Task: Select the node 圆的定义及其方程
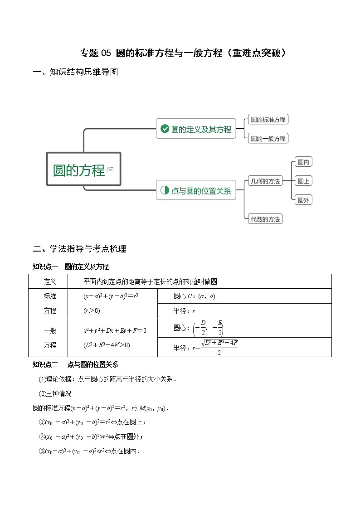click(x=196, y=129)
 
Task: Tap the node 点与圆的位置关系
click(x=196, y=191)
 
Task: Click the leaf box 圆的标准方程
click(x=268, y=120)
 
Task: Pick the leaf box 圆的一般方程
click(x=268, y=138)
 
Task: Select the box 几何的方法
click(x=265, y=181)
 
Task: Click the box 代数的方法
click(x=265, y=219)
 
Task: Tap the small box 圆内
click(x=303, y=162)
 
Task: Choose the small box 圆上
click(x=303, y=181)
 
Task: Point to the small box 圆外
click(x=303, y=200)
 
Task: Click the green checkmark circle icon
click(x=165, y=129)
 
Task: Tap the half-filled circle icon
click(x=165, y=191)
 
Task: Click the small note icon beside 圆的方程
click(x=110, y=170)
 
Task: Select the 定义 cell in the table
click(x=50, y=281)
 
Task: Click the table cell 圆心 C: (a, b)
click(x=195, y=296)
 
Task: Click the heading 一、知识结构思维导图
click(x=75, y=72)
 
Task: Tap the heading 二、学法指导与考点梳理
click(x=79, y=248)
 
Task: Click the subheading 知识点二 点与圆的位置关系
click(x=75, y=364)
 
